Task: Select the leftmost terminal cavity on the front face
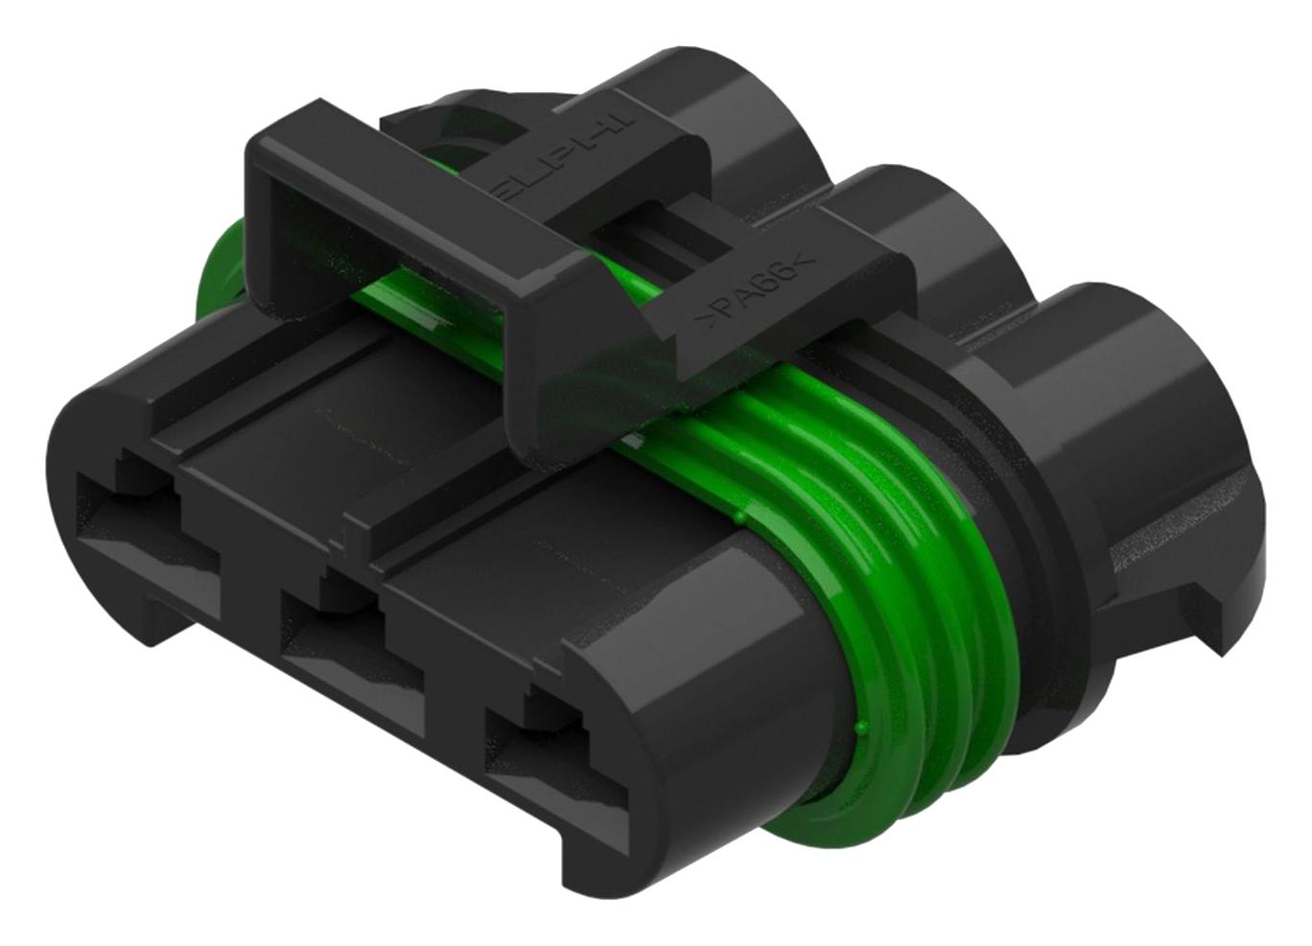pos(134,522)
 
